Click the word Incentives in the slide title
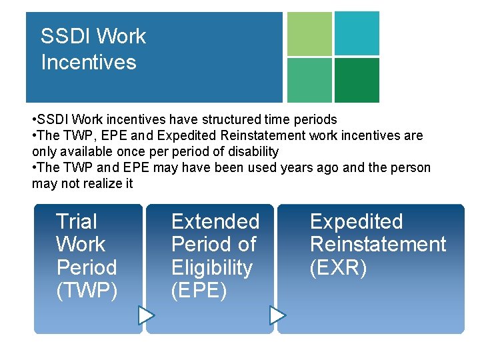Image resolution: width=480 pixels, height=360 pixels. (x=88, y=63)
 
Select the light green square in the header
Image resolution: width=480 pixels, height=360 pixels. (x=309, y=34)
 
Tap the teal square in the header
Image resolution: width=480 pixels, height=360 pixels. (x=357, y=33)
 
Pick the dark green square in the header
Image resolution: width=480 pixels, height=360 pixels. (x=357, y=80)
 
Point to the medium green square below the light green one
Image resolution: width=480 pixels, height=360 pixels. (x=309, y=80)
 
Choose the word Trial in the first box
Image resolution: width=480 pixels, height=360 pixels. (x=76, y=221)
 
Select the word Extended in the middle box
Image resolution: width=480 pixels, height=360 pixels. (x=215, y=221)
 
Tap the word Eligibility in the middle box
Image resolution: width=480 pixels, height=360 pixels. (x=212, y=268)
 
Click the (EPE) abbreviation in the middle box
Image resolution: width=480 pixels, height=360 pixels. (x=199, y=291)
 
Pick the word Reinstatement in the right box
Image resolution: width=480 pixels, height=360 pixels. (x=377, y=245)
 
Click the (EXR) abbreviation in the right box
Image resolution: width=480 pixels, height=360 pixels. (x=338, y=268)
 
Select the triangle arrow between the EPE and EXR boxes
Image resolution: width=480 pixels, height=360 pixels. (x=277, y=315)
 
